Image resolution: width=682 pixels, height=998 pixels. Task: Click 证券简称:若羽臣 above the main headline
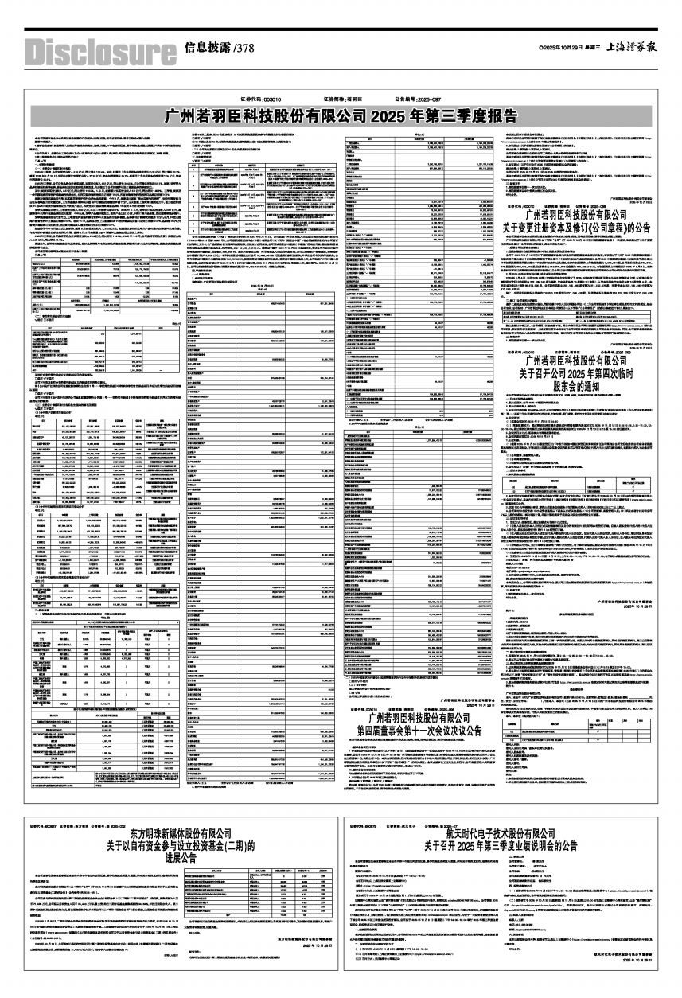click(344, 98)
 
